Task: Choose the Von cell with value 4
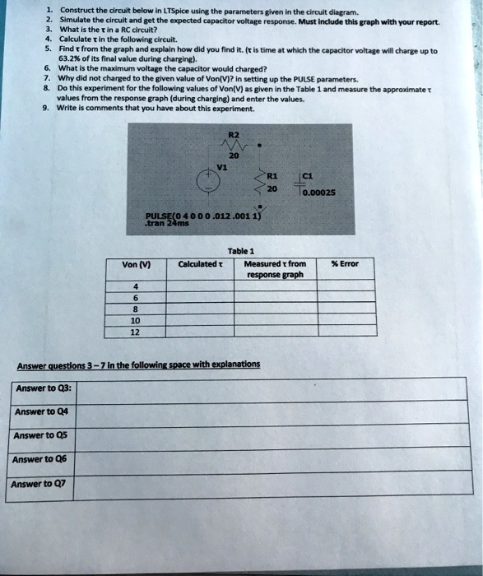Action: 136,288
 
